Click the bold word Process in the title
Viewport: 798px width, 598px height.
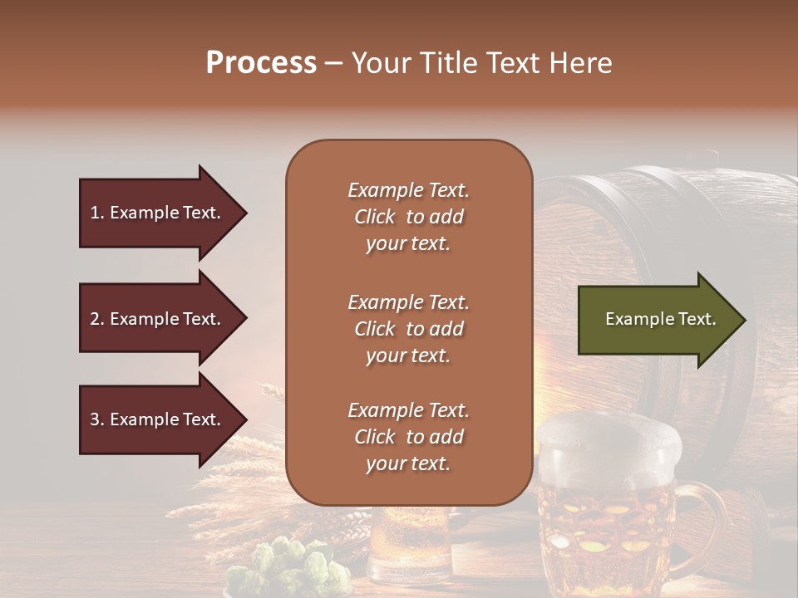click(261, 63)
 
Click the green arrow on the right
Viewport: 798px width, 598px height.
click(657, 319)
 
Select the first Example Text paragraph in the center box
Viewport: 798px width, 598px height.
click(408, 217)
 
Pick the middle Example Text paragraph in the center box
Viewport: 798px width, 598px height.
click(408, 329)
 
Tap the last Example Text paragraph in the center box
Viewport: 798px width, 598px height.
click(408, 437)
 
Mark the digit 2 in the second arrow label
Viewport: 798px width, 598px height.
click(94, 319)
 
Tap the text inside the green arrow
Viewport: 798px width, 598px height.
click(660, 319)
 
